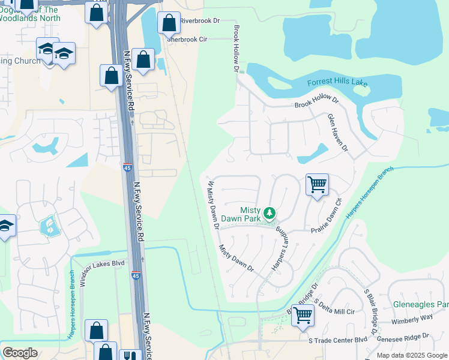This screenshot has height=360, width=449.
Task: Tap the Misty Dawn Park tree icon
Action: [x=270, y=212]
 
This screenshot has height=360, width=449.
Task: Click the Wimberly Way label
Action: [x=412, y=317]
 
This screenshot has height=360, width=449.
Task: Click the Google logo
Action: [x=20, y=352]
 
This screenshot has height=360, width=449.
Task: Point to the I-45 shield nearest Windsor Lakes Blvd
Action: [x=136, y=276]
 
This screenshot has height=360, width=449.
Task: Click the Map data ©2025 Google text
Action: [x=412, y=355]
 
